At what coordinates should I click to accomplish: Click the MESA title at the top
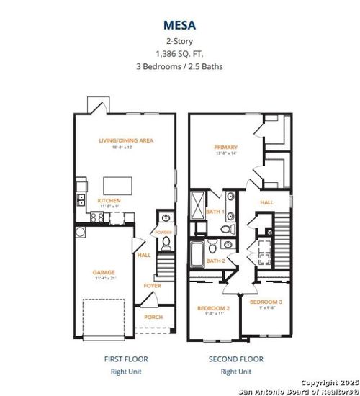(179, 24)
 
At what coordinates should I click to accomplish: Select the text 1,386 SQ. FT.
(179, 53)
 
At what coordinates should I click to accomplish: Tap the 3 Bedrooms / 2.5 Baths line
(179, 67)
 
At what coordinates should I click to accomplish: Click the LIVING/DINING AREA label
(127, 140)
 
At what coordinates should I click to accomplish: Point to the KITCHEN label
(109, 200)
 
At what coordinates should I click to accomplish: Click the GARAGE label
(104, 272)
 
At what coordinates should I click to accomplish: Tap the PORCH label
(153, 317)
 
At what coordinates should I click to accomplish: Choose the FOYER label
(153, 286)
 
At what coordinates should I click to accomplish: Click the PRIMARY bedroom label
(225, 148)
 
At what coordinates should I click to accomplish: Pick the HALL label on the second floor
(266, 202)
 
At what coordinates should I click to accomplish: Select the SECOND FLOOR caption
(236, 359)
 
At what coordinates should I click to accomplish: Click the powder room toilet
(164, 245)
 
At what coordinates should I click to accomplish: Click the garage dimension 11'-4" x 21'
(104, 278)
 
